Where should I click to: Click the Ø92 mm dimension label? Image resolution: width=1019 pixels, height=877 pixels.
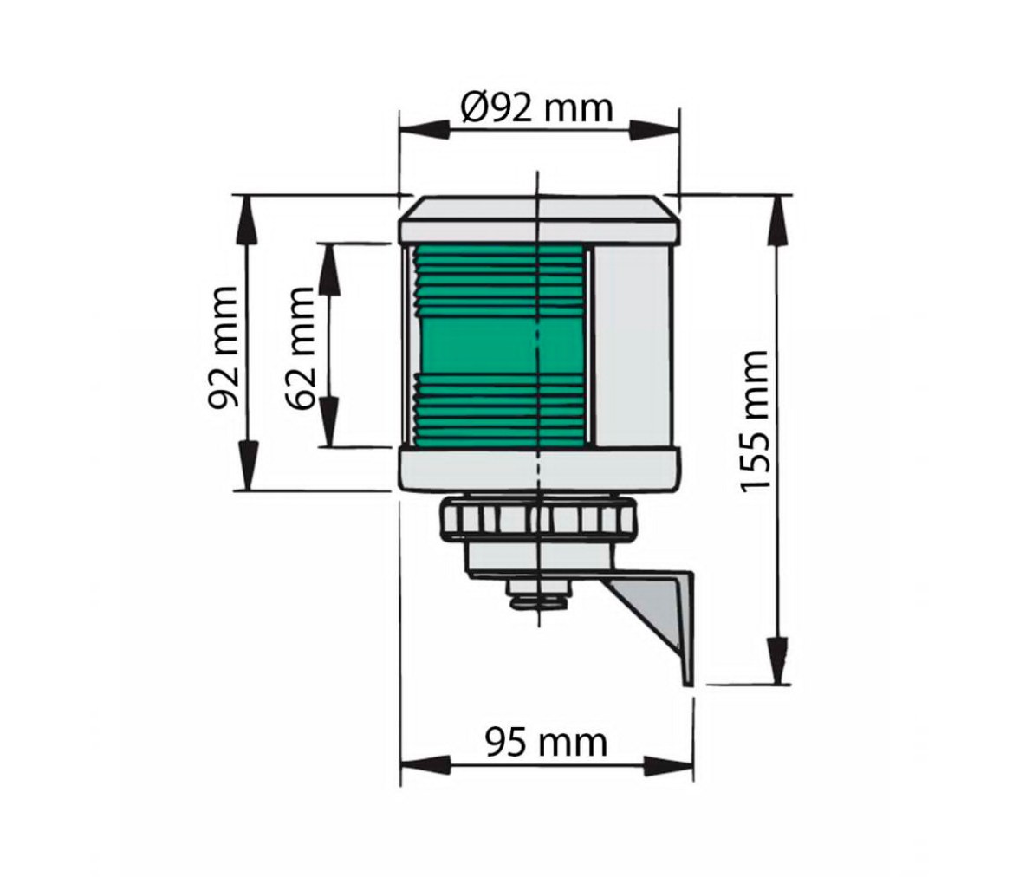pyautogui.click(x=537, y=107)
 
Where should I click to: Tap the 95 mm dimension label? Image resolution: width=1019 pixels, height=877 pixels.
pyautogui.click(x=547, y=742)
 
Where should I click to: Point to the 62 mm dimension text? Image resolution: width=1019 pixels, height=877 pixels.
pyautogui.click(x=300, y=348)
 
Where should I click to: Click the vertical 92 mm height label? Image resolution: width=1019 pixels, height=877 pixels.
pyautogui.click(x=223, y=348)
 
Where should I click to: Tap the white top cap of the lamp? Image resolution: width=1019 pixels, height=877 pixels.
pyautogui.click(x=539, y=218)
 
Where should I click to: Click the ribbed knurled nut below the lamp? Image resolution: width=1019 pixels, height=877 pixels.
pyautogui.click(x=538, y=519)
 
